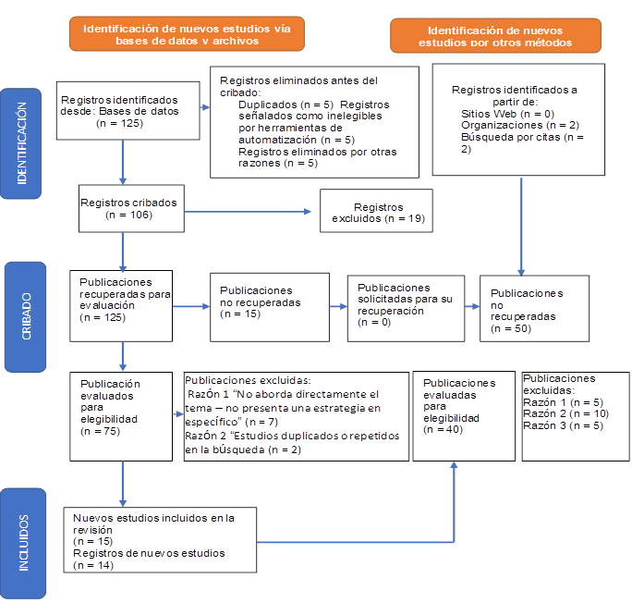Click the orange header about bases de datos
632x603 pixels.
click(187, 34)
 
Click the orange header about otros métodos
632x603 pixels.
click(495, 35)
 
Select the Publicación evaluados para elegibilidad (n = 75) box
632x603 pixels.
click(120, 415)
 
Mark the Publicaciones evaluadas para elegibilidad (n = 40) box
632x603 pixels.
click(463, 415)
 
